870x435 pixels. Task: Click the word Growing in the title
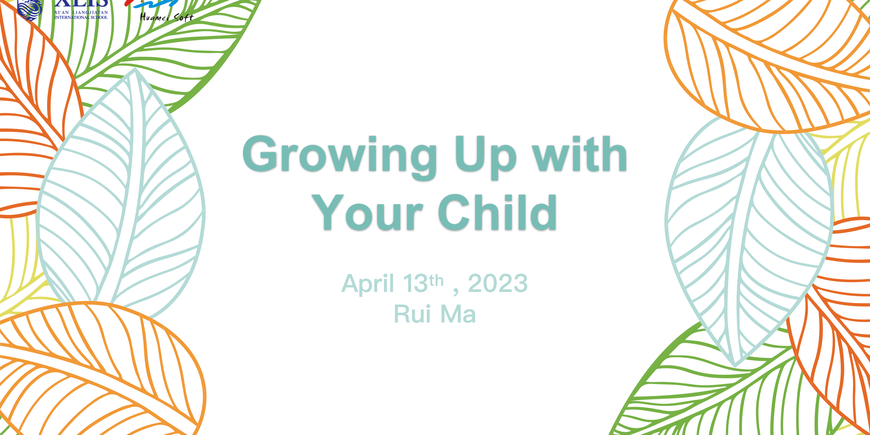(x=340, y=157)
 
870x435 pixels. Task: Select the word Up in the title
(x=486, y=157)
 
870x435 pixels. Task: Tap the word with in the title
(x=580, y=154)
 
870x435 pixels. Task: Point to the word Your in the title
(x=368, y=212)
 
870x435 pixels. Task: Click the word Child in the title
(x=498, y=211)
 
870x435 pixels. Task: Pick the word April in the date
(x=368, y=284)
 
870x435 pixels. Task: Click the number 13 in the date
(x=415, y=283)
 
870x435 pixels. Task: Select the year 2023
(x=498, y=283)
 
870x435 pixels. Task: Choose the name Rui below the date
(x=412, y=314)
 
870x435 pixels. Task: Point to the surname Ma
(x=458, y=314)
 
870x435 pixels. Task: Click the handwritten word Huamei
(x=155, y=17)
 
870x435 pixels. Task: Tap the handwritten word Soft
(x=184, y=17)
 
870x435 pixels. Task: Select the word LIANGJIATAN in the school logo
(x=90, y=13)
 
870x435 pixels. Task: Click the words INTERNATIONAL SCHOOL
(x=81, y=17)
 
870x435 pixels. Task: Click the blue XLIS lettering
(x=81, y=4)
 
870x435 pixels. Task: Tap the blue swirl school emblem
(x=30, y=9)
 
